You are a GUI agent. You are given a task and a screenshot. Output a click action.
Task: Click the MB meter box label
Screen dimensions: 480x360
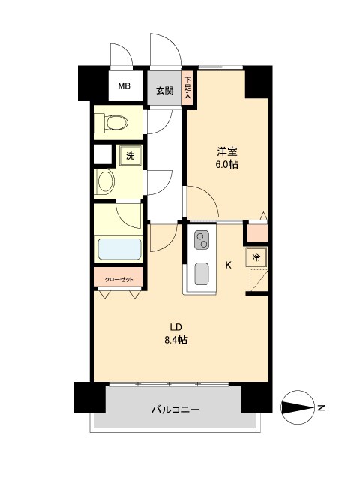coord(124,86)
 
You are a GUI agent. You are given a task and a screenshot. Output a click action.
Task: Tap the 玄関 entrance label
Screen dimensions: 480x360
coord(164,90)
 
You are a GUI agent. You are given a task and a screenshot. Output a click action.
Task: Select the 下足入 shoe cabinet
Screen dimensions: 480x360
coord(187,84)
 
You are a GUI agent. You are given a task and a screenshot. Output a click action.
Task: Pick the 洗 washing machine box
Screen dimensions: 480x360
coord(130,156)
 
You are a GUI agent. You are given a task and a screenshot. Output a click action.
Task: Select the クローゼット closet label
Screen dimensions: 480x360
coord(119,278)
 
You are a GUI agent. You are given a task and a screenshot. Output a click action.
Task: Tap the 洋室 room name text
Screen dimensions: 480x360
coord(226,150)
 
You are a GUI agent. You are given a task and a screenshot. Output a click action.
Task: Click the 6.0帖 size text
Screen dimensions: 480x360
coord(226,165)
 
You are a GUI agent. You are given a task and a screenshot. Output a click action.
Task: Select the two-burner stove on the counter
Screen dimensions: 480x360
coord(202,241)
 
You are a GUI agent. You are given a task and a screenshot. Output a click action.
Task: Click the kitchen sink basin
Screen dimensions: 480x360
coord(202,274)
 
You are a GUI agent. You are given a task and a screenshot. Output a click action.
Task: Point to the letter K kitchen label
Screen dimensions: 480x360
coord(229,265)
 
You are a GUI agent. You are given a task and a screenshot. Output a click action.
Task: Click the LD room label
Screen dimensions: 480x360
coord(177,326)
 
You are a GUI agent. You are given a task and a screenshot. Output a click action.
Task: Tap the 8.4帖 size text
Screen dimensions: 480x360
coord(177,340)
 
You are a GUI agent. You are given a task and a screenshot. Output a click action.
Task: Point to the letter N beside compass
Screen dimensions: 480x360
coord(321,408)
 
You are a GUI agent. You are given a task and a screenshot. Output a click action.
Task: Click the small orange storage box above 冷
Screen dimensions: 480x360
coord(257,232)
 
